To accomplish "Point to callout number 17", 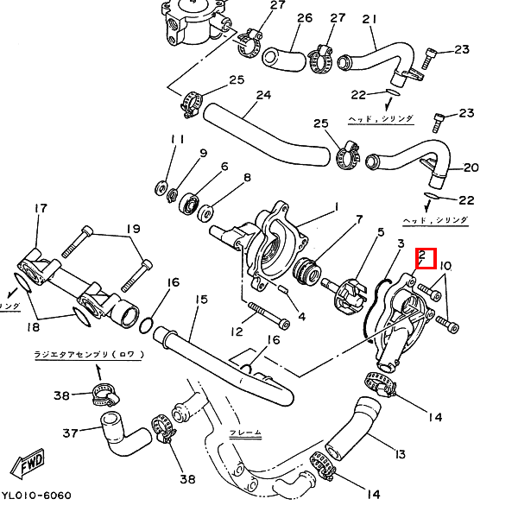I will tap(41, 209).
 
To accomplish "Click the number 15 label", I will tap(201, 300).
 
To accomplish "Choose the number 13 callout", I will tap(399, 454).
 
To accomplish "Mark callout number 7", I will tap(336, 220).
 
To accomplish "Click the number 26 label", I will tap(281, 18).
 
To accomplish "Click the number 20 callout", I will tap(471, 167).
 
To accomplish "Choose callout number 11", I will tap(178, 140).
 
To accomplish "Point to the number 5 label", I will tap(379, 231).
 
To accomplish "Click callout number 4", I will tap(301, 317).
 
